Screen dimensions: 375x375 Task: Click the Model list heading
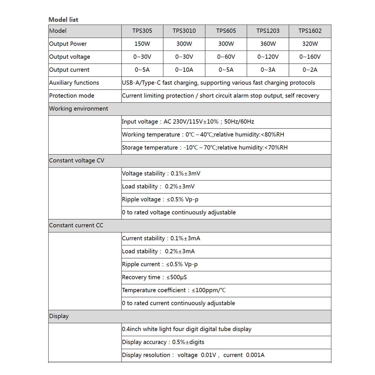pyautogui.click(x=63, y=19)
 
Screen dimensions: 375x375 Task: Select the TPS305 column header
pyautogui.click(x=142, y=31)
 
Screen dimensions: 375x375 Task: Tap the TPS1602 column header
pyautogui.click(x=310, y=31)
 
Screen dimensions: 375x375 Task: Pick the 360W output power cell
pyautogui.click(x=268, y=44)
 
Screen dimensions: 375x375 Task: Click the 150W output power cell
pyautogui.click(x=142, y=44)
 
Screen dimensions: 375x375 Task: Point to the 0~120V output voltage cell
pyautogui.click(x=268, y=57)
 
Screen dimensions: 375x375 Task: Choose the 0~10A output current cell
pyautogui.click(x=184, y=70)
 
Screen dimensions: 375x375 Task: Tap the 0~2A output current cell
pyautogui.click(x=310, y=70)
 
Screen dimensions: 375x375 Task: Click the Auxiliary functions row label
pyautogui.click(x=74, y=83)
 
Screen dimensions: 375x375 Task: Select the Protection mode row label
pyautogui.click(x=72, y=96)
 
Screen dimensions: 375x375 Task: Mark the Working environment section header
pyautogui.click(x=79, y=109)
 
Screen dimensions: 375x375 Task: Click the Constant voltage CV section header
pyautogui.click(x=77, y=160)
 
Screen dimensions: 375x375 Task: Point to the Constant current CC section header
pyautogui.click(x=76, y=225)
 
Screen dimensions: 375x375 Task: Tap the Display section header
pyautogui.click(x=59, y=316)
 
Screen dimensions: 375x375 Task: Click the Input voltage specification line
pyautogui.click(x=188, y=122)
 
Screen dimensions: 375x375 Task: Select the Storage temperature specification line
pyautogui.click(x=205, y=148)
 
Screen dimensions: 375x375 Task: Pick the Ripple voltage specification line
pyautogui.click(x=160, y=200)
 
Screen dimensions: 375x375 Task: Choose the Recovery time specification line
pyautogui.click(x=155, y=277)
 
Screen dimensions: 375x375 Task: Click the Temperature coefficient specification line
pyautogui.click(x=174, y=290)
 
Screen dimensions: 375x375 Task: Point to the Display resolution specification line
pyautogui.click(x=193, y=355)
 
